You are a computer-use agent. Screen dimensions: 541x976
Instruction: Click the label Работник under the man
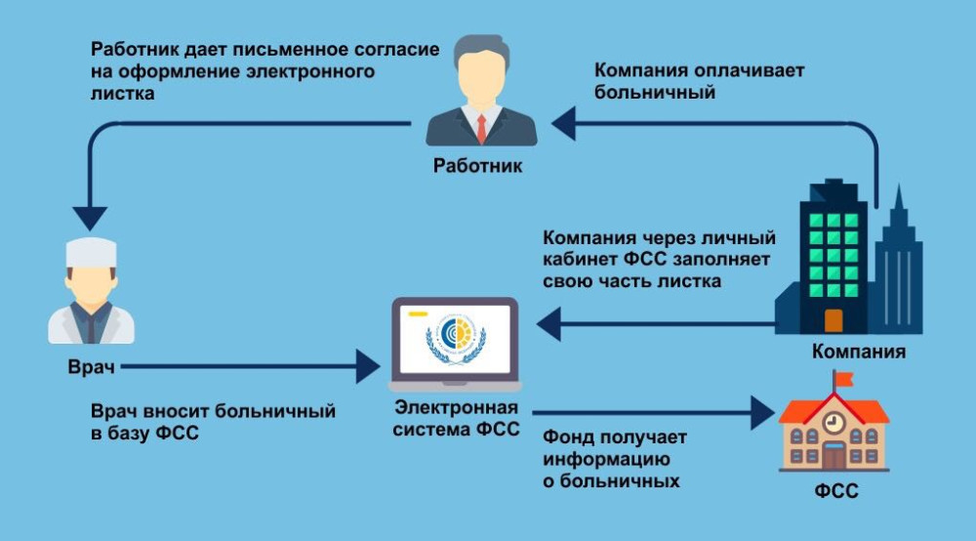pos(477,166)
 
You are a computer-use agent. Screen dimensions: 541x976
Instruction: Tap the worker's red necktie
pos(481,127)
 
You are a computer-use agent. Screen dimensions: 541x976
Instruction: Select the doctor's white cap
pos(91,252)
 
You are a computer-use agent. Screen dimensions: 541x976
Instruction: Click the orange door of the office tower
pos(833,319)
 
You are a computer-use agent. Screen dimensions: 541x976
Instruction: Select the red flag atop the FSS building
pos(842,378)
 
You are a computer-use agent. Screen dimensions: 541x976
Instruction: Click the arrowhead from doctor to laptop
pos(368,368)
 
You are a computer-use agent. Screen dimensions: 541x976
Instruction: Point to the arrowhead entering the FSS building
pos(762,412)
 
